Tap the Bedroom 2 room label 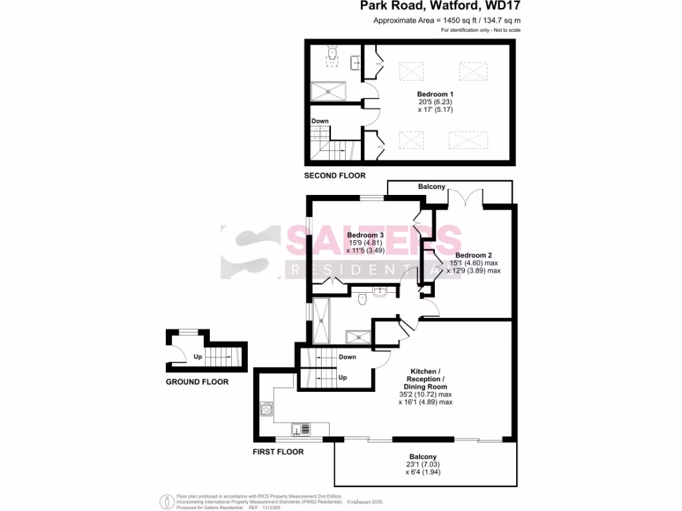pos(474,255)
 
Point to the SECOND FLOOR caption pos(335,176)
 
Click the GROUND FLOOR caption pos(197,382)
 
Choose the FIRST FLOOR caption pos(278,452)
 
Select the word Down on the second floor pos(320,121)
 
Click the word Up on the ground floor pos(198,357)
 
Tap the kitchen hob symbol pos(266,409)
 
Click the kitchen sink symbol pos(301,429)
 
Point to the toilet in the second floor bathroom pos(333,53)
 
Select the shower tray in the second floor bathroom pos(329,91)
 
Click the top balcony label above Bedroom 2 pos(432,187)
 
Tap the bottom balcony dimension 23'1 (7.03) pos(426,464)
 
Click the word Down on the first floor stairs pos(347,357)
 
